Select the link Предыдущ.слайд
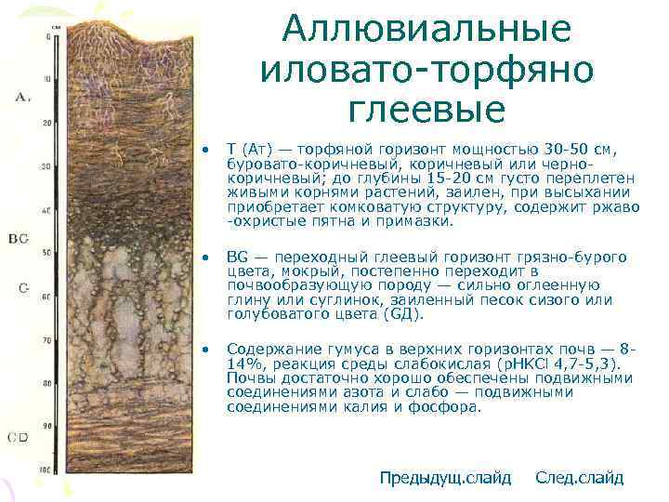pyautogui.click(x=445, y=478)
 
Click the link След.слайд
pyautogui.click(x=580, y=478)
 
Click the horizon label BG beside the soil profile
pyautogui.click(x=19, y=239)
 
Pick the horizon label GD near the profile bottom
pyautogui.click(x=18, y=436)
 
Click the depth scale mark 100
pyautogui.click(x=45, y=471)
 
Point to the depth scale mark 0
pyautogui.click(x=48, y=36)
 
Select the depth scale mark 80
pyautogui.click(x=46, y=384)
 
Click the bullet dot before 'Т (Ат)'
pyautogui.click(x=210, y=150)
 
